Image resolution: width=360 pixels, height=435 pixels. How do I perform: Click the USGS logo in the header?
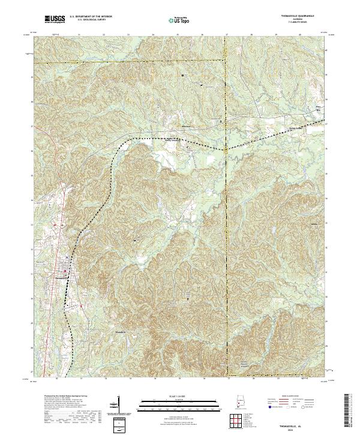coord(55,20)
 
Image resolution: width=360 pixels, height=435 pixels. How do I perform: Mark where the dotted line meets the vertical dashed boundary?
coord(226,149)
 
